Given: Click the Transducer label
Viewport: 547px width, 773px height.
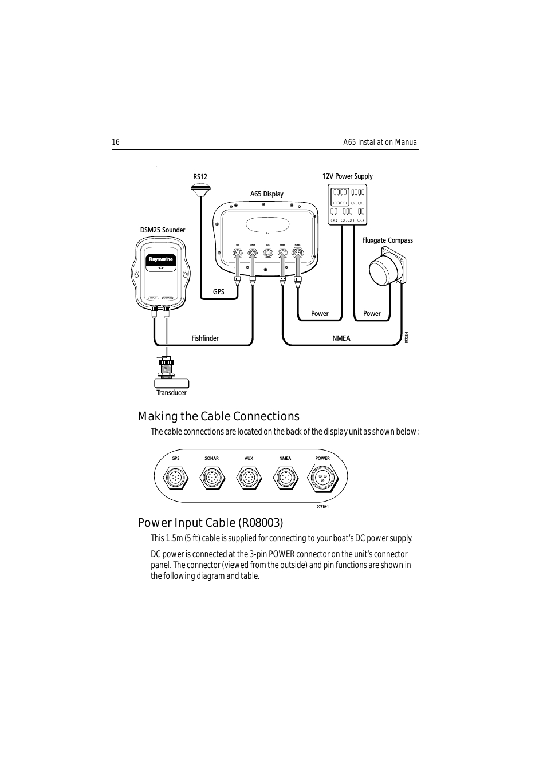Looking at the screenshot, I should (x=171, y=393).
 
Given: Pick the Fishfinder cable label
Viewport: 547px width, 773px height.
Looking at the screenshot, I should (x=205, y=338).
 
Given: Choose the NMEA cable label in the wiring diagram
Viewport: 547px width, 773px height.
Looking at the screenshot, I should (x=341, y=338).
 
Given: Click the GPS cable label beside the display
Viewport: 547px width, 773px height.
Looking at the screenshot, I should (x=219, y=292).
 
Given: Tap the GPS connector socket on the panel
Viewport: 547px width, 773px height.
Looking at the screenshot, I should (x=176, y=478).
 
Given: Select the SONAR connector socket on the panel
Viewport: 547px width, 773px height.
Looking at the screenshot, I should (x=212, y=478).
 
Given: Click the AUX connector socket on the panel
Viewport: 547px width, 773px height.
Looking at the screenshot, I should (x=249, y=478).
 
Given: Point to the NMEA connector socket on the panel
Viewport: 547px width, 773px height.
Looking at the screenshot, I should (x=285, y=478).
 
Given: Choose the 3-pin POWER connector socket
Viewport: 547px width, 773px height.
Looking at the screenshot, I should (x=322, y=478).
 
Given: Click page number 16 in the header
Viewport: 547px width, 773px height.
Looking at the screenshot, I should (x=116, y=143).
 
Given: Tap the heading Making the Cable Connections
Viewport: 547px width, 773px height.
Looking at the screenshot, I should (x=218, y=416).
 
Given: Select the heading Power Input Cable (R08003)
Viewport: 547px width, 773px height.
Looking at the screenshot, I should (x=210, y=523).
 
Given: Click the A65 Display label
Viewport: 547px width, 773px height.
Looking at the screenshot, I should (x=266, y=194).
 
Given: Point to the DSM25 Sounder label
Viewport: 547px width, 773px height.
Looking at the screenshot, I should (x=163, y=230).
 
